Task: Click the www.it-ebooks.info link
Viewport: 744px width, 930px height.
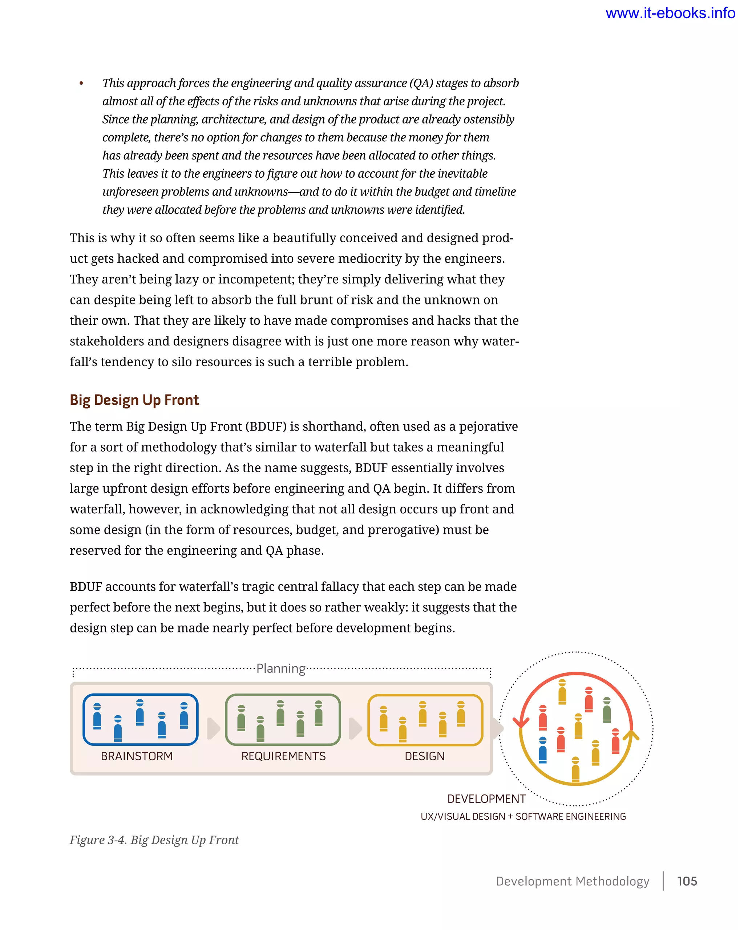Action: tap(670, 13)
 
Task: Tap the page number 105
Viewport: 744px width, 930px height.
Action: tap(687, 881)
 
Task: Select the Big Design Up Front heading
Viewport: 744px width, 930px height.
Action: tap(134, 400)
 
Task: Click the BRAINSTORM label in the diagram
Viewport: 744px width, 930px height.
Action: tap(137, 756)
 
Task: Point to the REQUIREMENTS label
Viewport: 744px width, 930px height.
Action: tap(283, 756)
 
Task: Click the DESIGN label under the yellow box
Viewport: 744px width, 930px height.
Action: tap(424, 756)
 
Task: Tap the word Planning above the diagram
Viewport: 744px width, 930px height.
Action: tap(281, 668)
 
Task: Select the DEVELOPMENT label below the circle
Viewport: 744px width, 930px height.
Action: tap(486, 798)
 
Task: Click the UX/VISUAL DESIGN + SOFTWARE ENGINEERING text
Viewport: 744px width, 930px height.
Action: tap(523, 816)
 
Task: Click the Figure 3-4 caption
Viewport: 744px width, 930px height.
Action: tap(154, 840)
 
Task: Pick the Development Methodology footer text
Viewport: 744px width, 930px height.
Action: tap(572, 881)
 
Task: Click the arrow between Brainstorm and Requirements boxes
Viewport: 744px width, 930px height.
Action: tap(213, 728)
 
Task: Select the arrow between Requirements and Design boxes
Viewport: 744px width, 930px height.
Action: tap(355, 728)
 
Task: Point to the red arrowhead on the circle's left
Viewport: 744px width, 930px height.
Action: tap(521, 721)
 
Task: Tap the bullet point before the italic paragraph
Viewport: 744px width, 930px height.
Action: tap(81, 84)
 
